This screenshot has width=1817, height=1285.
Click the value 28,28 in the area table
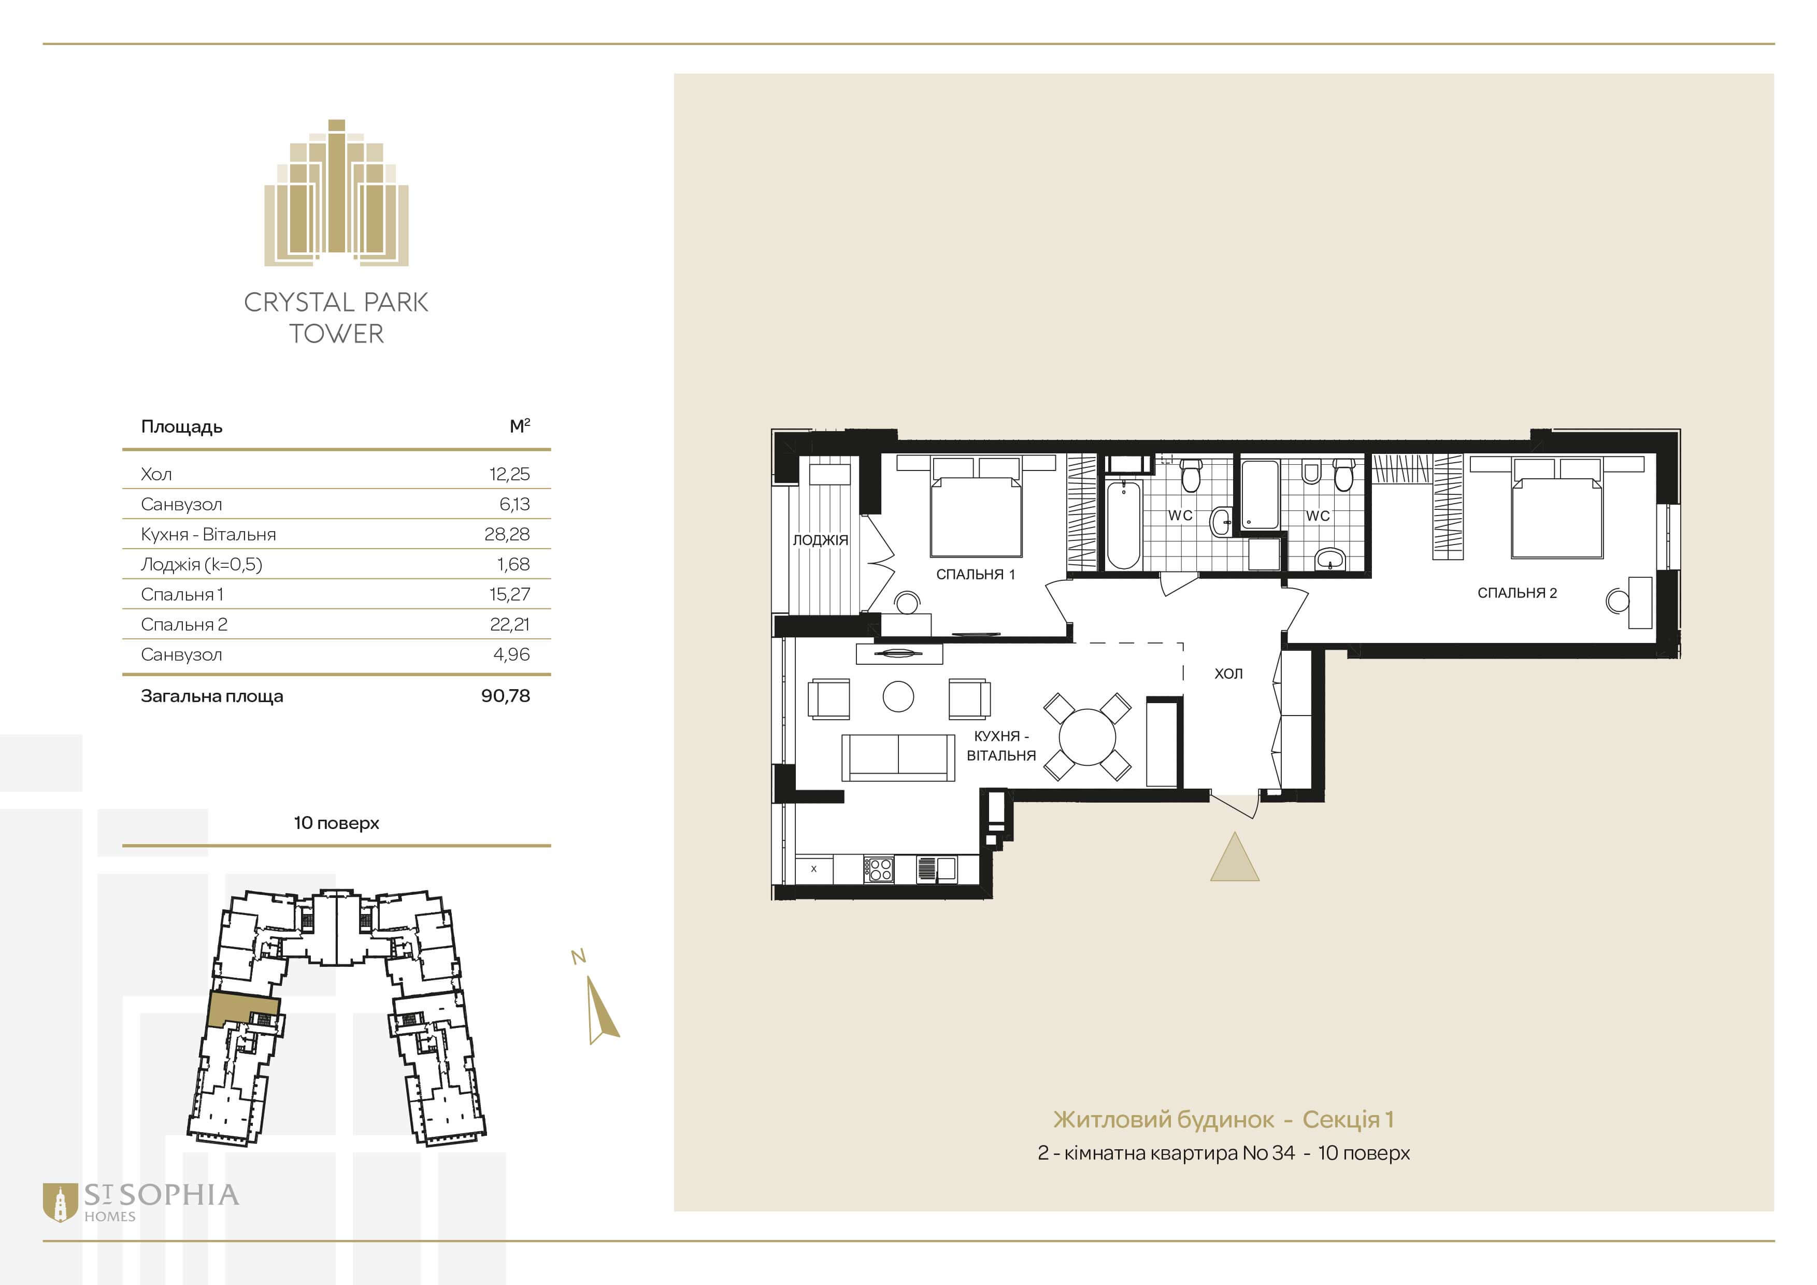coord(507,534)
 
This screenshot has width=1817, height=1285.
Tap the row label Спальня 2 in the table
coord(183,624)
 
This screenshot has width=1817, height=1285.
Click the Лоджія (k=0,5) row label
coord(201,564)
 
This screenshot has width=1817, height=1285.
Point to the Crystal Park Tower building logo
coord(336,192)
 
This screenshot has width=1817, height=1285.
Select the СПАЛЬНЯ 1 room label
coord(975,575)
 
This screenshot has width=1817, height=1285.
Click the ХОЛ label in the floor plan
coord(1228,674)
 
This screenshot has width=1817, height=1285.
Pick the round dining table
coord(1088,737)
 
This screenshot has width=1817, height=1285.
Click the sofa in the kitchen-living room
coord(897,757)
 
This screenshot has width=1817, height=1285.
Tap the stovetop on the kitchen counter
coord(878,869)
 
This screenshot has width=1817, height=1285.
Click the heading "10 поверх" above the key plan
coord(336,823)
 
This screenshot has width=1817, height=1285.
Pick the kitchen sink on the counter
coord(936,869)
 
